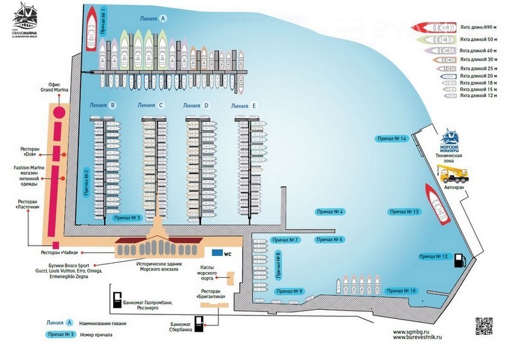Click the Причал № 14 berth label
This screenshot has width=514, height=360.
[392, 138]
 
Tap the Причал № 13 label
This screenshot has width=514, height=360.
[404, 212]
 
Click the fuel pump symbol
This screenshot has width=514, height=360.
[459, 260]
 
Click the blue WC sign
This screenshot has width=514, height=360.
[218, 253]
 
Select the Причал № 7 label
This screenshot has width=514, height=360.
[286, 240]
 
